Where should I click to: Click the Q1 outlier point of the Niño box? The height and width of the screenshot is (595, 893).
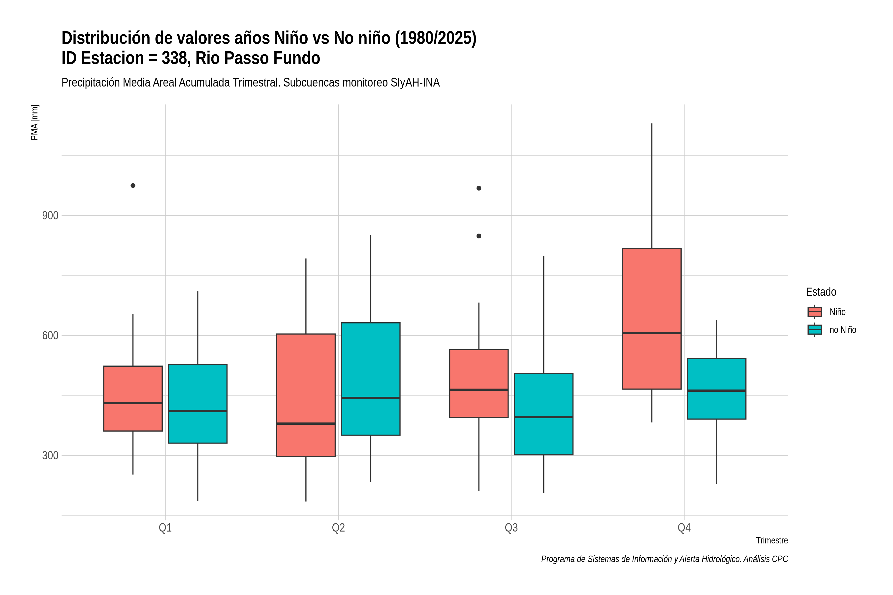(133, 185)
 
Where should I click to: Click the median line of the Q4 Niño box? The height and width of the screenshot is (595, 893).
(652, 333)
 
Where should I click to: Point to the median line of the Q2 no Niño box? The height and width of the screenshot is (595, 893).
(371, 398)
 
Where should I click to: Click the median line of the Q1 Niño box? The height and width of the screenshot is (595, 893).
(133, 403)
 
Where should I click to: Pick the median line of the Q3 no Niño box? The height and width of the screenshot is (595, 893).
(544, 417)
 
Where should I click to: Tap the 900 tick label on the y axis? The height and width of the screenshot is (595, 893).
(50, 215)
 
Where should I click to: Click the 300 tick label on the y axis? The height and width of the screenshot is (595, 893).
(50, 455)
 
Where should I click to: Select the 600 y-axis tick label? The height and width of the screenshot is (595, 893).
(50, 335)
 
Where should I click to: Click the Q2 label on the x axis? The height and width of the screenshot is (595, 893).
(338, 528)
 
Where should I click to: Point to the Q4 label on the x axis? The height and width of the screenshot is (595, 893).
(684, 528)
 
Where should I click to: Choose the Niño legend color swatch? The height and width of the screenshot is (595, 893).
(815, 312)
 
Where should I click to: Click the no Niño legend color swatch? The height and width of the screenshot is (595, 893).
(815, 330)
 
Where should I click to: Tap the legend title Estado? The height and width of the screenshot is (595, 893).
(821, 292)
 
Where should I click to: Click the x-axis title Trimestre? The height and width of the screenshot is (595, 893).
(772, 540)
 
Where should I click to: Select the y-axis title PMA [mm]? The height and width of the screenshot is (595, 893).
(34, 122)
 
